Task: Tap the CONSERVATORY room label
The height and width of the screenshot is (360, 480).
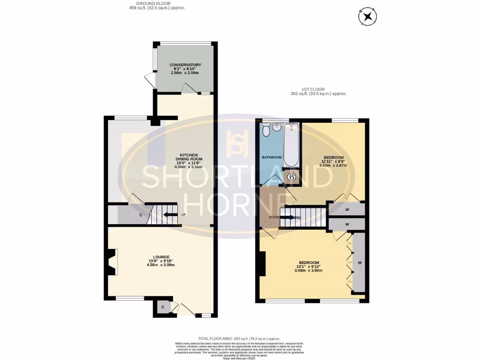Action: (x=185, y=65)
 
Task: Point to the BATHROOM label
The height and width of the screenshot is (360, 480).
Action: (x=271, y=157)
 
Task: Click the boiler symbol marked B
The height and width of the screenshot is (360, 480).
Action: (x=292, y=177)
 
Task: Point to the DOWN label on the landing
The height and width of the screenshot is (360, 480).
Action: (x=275, y=217)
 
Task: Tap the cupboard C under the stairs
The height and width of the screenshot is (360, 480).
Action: (x=141, y=215)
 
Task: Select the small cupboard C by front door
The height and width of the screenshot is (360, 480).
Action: (x=163, y=307)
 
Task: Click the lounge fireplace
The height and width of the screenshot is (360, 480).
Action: (x=111, y=262)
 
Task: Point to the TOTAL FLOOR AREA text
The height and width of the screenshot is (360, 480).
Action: (x=239, y=338)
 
